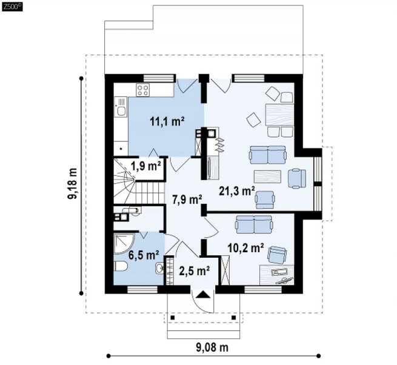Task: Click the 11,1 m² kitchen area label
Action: click(167, 121)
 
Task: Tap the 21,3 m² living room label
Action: click(237, 191)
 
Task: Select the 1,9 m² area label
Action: click(146, 166)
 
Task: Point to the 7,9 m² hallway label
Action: click(187, 199)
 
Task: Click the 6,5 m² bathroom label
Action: click(144, 255)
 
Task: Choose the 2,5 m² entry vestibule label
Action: click(194, 271)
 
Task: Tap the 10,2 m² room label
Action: click(245, 248)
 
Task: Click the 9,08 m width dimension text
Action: click(212, 347)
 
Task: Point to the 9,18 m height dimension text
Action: click(72, 183)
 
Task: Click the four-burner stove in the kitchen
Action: click(142, 90)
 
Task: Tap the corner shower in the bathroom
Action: click(124, 243)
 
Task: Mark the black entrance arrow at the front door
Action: click(203, 295)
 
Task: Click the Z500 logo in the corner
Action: click(12, 7)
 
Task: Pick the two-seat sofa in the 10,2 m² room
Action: click(254, 224)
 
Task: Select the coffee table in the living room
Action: click(268, 176)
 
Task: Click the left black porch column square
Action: click(173, 318)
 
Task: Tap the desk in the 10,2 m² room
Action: click(277, 275)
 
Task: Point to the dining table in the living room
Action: click(279, 115)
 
